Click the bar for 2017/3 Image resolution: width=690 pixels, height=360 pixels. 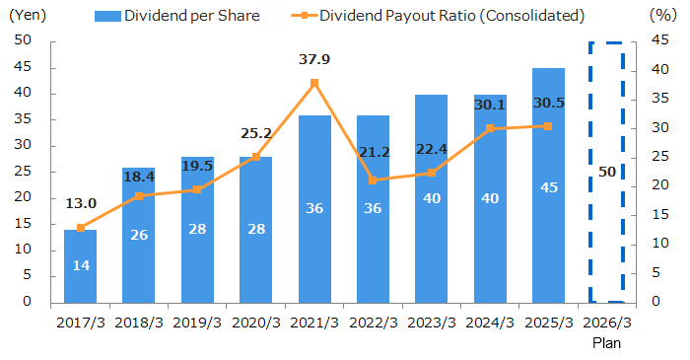pyautogui.click(x=80, y=266)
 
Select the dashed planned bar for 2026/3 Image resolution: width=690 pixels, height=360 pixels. pyautogui.click(x=607, y=173)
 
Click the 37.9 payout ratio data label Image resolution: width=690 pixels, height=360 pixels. pyautogui.click(x=314, y=60)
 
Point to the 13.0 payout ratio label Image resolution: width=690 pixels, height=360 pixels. pyautogui.click(x=80, y=203)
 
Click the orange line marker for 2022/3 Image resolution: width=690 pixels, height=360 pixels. pyautogui.click(x=373, y=180)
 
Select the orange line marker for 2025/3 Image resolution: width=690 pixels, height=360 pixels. pyautogui.click(x=548, y=126)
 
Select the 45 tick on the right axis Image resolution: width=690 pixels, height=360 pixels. pyautogui.click(x=659, y=41)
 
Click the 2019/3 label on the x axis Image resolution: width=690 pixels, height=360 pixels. pyautogui.click(x=197, y=323)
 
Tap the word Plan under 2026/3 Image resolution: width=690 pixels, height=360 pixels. pyautogui.click(x=607, y=342)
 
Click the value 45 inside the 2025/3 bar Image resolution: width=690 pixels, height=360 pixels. pyautogui.click(x=548, y=187)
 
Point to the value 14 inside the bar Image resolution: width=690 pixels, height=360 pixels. pyautogui.click(x=80, y=265)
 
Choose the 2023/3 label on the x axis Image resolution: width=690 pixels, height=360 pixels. pyautogui.click(x=432, y=323)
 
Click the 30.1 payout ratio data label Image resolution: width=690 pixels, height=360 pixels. pyautogui.click(x=490, y=105)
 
